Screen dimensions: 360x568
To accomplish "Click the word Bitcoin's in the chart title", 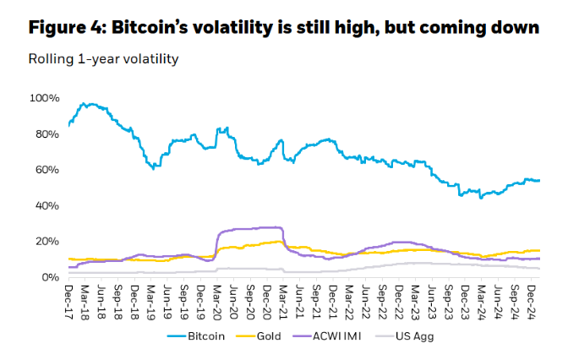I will (x=156, y=28).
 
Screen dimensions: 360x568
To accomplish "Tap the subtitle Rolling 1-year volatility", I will (x=103, y=59).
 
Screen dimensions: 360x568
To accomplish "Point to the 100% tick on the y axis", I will (x=44, y=98).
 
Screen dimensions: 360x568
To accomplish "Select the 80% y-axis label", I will (x=46, y=134).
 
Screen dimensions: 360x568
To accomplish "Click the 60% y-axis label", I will (x=46, y=170).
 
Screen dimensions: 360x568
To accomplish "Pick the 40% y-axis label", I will (x=46, y=205).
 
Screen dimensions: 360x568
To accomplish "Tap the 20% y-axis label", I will (x=46, y=241).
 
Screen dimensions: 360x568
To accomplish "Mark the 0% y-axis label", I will (x=49, y=276).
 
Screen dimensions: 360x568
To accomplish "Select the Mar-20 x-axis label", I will (x=217, y=299).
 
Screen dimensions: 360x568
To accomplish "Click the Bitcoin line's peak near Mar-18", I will (x=85, y=104).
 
